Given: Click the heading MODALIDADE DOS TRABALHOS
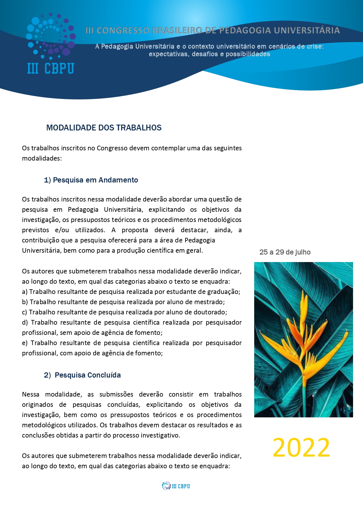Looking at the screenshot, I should point(104,128).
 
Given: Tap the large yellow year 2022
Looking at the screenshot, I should point(301,447).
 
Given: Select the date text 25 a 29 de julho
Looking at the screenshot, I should point(285,252).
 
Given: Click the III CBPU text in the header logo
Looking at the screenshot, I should point(51,69).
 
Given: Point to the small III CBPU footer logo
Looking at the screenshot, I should point(176,486).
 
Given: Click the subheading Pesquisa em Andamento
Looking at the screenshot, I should point(95,180).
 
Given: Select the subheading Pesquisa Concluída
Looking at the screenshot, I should point(88,375).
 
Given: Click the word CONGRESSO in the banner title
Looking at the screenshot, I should point(123,30).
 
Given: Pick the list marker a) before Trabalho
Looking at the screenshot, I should point(25,292).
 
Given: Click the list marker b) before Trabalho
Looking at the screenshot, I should point(25,302).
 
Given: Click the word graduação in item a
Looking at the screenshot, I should point(224,292).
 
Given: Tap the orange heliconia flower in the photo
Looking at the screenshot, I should point(304,342).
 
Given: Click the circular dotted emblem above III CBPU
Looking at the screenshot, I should point(51,37).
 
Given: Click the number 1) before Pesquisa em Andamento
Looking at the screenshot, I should point(47,180).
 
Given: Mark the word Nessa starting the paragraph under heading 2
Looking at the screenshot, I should point(30,395).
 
